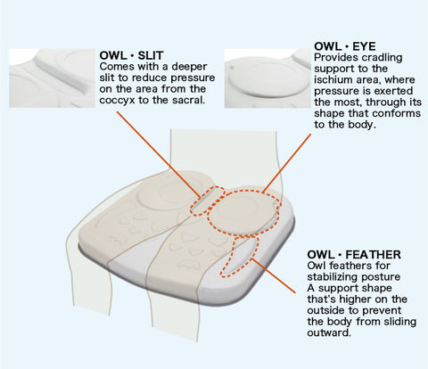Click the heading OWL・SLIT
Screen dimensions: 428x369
(131, 55)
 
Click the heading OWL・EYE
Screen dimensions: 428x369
(345, 46)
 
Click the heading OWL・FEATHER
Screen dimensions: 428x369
(354, 255)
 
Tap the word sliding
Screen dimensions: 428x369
(399, 322)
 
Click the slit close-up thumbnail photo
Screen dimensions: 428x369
(52, 78)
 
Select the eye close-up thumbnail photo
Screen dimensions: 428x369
(267, 78)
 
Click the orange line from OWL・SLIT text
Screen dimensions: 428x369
(158, 154)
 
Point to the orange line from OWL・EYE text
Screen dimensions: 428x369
(287, 162)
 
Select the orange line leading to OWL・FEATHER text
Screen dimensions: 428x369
(274, 275)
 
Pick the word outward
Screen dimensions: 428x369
(329, 332)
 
